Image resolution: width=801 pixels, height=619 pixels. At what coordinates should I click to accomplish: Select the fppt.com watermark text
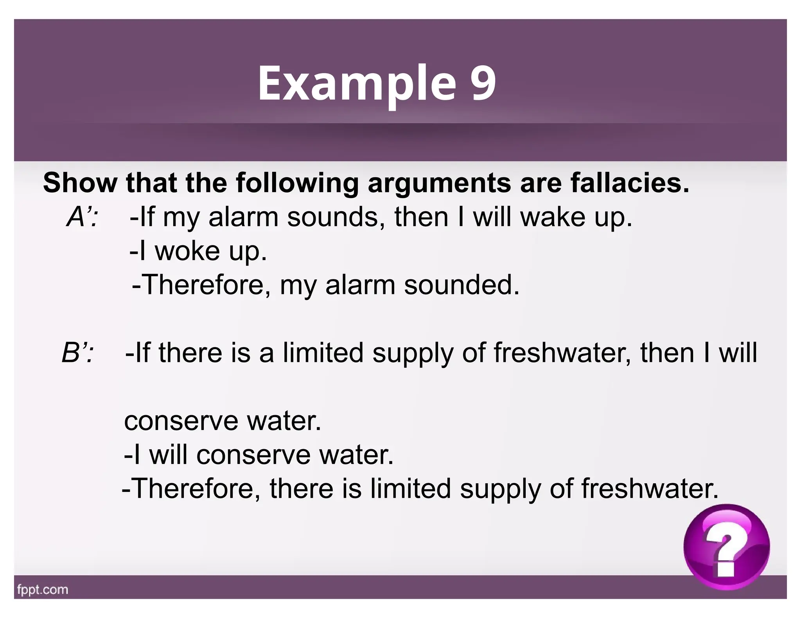(x=43, y=589)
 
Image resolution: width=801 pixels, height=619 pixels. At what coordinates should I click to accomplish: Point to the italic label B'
(x=77, y=353)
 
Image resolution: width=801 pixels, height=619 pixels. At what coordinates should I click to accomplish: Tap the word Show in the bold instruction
(x=80, y=183)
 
